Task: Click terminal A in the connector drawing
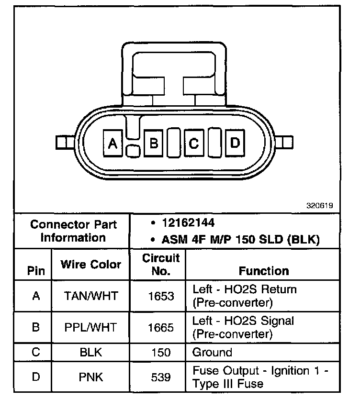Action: click(x=113, y=143)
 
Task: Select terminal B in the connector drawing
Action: click(x=154, y=143)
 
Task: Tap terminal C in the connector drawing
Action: click(x=194, y=143)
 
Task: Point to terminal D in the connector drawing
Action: click(x=235, y=143)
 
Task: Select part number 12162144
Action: click(x=188, y=223)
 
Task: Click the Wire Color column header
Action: click(x=91, y=265)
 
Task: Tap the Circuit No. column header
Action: click(x=161, y=265)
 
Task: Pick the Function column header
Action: click(x=264, y=271)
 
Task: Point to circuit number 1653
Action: click(x=161, y=296)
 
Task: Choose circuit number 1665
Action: click(x=161, y=327)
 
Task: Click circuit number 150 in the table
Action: click(x=161, y=353)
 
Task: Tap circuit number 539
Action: click(x=161, y=377)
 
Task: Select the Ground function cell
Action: click(x=212, y=353)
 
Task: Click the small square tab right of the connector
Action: click(x=287, y=142)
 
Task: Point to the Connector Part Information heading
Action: click(x=73, y=231)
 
